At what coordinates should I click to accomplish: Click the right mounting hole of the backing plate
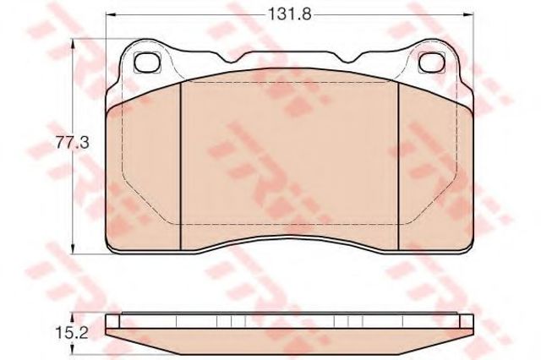[x=432, y=61]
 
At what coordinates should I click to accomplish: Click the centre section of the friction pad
[x=290, y=161]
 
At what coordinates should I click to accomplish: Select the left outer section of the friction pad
[x=145, y=169]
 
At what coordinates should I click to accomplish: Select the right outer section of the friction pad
[x=435, y=169]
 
